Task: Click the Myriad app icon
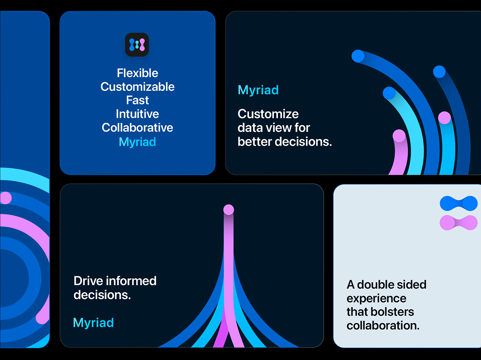point(137,45)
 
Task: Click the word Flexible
point(137,73)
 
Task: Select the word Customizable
point(137,87)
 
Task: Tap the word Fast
point(137,100)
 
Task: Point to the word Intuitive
point(137,114)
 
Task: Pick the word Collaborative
point(137,128)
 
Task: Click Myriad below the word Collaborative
point(137,142)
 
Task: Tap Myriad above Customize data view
point(258,90)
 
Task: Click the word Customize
point(268,114)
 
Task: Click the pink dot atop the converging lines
point(228,209)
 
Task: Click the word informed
point(131,281)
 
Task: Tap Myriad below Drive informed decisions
point(93,323)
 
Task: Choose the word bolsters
point(391,312)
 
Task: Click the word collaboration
point(383,326)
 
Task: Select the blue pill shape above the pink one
point(458,204)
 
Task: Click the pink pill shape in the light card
point(458,223)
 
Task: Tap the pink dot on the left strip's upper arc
point(5,198)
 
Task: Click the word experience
point(376,299)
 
